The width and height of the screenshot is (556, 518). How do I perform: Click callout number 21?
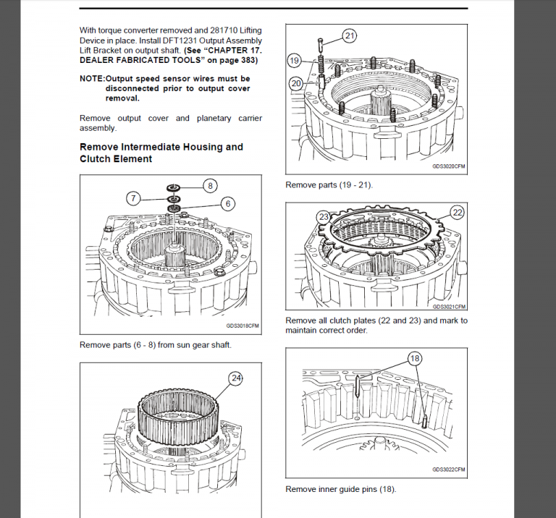(x=350, y=35)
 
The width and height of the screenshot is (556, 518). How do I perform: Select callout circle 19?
(x=294, y=60)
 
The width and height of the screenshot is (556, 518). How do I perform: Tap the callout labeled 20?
(x=295, y=83)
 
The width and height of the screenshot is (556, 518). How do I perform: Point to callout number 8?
(x=209, y=185)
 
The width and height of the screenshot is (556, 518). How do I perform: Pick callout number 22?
(x=457, y=212)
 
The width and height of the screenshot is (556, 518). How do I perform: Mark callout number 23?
(x=324, y=216)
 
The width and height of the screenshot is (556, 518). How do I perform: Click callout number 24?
(x=235, y=378)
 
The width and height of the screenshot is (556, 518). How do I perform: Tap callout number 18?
(x=415, y=358)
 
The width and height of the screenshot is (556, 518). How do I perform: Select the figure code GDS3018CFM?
(x=243, y=326)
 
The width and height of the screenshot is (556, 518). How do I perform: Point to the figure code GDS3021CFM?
(x=449, y=307)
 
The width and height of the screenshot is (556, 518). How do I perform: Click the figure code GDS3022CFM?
(x=449, y=470)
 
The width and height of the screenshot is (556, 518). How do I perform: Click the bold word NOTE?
(x=92, y=79)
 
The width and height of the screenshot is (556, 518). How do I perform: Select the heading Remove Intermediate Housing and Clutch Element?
(x=161, y=153)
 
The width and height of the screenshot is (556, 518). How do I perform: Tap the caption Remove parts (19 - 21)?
(x=329, y=185)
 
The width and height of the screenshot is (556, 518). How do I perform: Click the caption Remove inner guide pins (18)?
(x=340, y=489)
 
